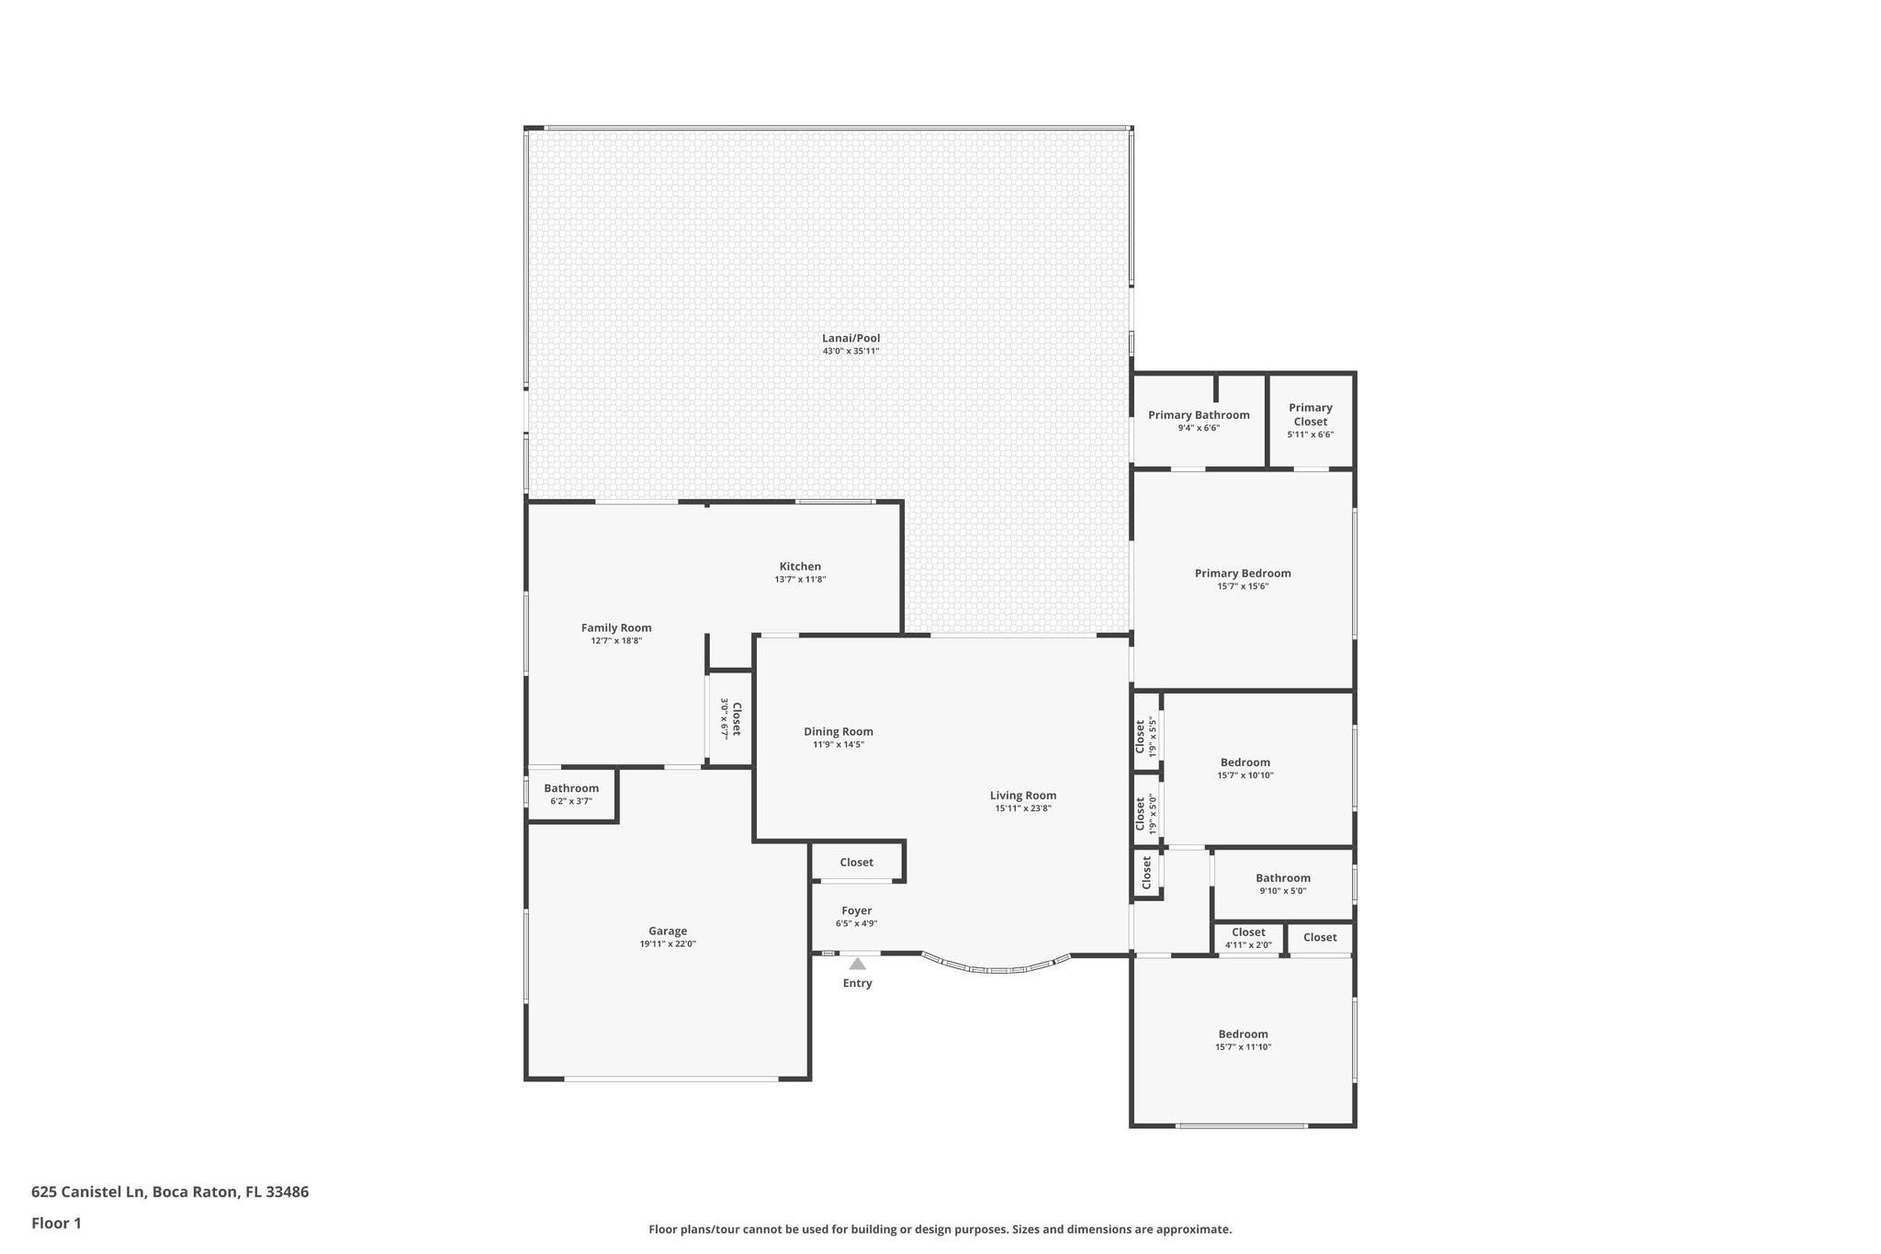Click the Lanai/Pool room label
850,338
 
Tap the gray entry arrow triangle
857,964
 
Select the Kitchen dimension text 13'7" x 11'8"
800,580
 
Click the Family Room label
616,628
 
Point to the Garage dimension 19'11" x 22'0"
668,944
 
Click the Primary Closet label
1311,414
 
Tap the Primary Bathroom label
1199,415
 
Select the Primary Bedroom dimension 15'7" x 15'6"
1243,586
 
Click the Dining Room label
839,732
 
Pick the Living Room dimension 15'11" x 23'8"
1023,808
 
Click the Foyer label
857,911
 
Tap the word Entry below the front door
858,983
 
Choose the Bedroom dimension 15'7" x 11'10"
1243,1047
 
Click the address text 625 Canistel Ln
88,1192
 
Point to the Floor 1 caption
56,1224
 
